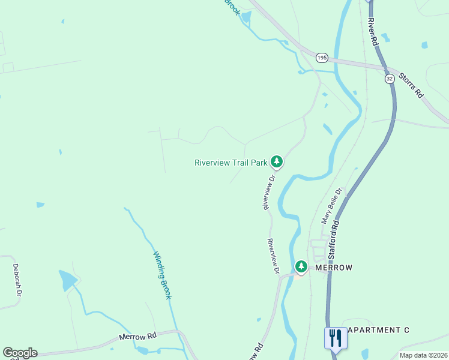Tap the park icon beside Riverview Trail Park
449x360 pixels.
point(277,161)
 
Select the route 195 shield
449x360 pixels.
point(322,58)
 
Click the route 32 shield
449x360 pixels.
point(390,79)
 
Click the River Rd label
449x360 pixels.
point(373,32)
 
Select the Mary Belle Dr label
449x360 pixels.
point(331,206)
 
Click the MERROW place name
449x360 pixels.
point(333,268)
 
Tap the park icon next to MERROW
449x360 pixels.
point(301,266)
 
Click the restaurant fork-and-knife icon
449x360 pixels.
point(335,337)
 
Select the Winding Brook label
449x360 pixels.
point(162,275)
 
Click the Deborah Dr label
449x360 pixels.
point(17,280)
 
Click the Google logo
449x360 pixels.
point(20,353)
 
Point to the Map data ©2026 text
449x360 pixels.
point(423,355)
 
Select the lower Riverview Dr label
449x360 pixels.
point(273,257)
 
